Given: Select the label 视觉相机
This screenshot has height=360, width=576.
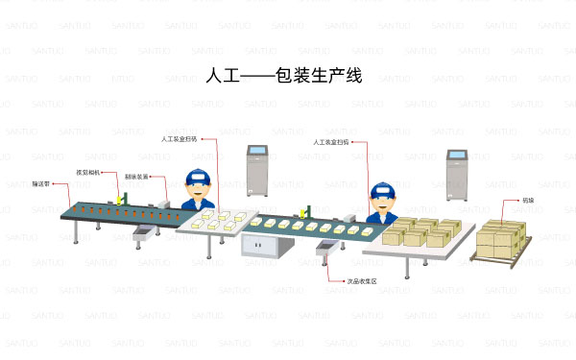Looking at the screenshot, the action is (x=89, y=174).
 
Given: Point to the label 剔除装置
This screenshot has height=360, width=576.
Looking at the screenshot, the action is (x=136, y=177).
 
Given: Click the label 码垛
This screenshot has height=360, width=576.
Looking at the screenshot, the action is (x=528, y=201).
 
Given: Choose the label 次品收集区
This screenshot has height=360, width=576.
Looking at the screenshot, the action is (x=362, y=281).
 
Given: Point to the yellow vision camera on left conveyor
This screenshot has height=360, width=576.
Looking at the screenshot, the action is (x=119, y=198).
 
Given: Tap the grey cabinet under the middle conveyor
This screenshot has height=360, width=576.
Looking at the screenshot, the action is (x=262, y=246).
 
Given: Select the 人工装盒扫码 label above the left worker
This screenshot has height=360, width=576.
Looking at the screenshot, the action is (x=179, y=139).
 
